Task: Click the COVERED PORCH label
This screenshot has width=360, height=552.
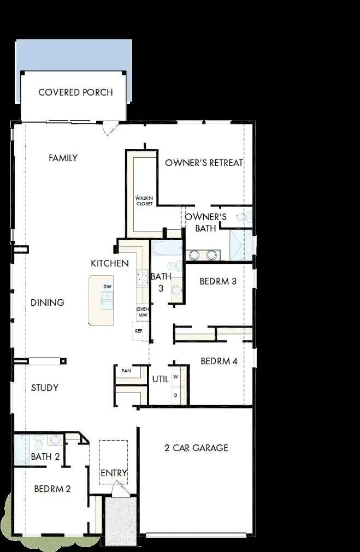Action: pyautogui.click(x=75, y=92)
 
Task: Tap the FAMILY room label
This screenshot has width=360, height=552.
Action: pyautogui.click(x=63, y=158)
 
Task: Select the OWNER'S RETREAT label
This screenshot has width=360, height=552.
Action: pyautogui.click(x=204, y=163)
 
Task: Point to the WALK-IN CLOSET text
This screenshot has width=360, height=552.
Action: pyautogui.click(x=145, y=200)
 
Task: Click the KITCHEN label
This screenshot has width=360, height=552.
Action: pyautogui.click(x=110, y=264)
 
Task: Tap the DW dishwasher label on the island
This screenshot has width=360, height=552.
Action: pyautogui.click(x=107, y=287)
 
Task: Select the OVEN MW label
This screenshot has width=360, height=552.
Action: pyautogui.click(x=143, y=312)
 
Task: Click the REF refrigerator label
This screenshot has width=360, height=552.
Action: pyautogui.click(x=139, y=331)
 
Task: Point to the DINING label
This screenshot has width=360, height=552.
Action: pyautogui.click(x=48, y=302)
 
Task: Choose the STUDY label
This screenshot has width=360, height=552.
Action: pyautogui.click(x=45, y=388)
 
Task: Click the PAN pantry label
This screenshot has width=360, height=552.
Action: pyautogui.click(x=127, y=371)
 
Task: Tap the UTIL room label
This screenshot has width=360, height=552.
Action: pyautogui.click(x=160, y=378)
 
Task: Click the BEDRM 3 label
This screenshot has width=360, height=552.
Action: pyautogui.click(x=218, y=282)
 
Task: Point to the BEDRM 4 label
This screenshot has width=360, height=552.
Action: pyautogui.click(x=219, y=361)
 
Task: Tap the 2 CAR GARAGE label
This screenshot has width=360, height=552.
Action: pyautogui.click(x=196, y=448)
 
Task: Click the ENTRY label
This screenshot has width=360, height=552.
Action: pyautogui.click(x=114, y=473)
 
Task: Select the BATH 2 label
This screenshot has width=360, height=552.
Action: pyautogui.click(x=45, y=456)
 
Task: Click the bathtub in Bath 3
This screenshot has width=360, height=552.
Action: pyautogui.click(x=167, y=249)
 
